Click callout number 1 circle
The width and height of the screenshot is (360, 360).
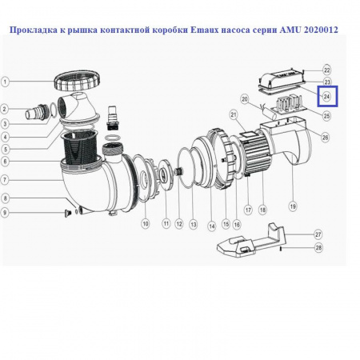[7, 81]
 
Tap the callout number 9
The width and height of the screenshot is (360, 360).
[7, 212]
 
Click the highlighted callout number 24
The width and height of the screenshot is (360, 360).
[326, 97]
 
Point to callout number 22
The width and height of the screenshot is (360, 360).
[326, 70]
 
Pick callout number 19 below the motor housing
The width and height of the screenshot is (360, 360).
[293, 206]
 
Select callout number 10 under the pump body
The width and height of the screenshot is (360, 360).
[146, 224]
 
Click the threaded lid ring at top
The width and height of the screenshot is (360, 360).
[77, 82]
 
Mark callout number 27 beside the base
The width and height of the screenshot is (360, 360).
[318, 234]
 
